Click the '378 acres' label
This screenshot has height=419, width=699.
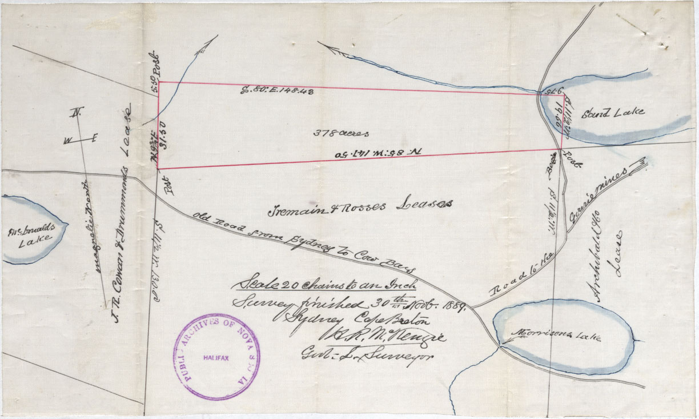341,133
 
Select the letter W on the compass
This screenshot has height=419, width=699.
67,140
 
